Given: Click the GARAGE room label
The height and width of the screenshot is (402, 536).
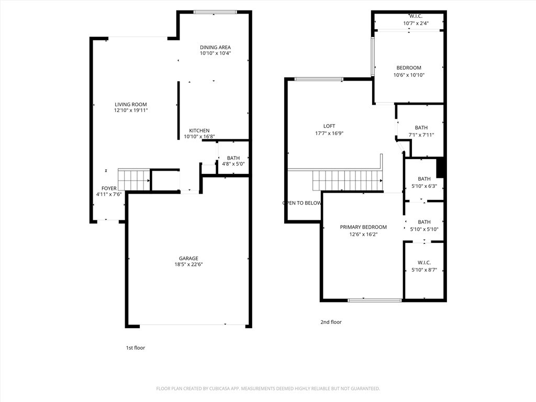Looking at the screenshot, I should coord(188,259).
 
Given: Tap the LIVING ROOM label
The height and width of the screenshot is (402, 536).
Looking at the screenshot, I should coord(131,105).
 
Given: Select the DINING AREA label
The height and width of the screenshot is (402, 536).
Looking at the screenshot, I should coord(215,48).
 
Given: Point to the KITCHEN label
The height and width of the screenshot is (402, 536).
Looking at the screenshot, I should coord(199,131).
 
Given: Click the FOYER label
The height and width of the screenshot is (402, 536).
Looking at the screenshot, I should coord(109,188).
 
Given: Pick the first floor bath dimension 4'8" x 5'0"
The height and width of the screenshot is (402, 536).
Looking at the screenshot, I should coord(233,164).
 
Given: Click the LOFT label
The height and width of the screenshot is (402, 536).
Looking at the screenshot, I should coord(329,126).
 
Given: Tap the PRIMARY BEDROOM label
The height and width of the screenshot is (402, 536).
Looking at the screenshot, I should coord(363,227).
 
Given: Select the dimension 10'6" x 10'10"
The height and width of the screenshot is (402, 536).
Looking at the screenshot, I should coord(409,75).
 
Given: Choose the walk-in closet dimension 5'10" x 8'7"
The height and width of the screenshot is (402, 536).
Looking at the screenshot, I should coord(424,270).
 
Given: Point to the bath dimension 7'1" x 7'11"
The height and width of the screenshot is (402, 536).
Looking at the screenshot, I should coord(421,135).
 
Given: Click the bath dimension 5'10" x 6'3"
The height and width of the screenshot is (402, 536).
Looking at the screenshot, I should coord(424,186).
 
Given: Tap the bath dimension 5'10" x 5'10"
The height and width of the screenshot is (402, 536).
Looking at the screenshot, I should coord(424,229).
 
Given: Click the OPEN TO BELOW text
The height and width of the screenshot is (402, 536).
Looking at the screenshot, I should coord(302,203).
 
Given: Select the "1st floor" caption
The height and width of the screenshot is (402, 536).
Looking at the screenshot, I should coord(135,348).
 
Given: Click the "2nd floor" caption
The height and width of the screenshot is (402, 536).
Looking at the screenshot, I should coord(331,322).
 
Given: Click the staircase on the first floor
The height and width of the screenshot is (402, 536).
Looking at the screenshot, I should coord(134,180).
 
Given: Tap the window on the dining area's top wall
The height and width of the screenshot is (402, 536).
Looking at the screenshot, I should coord(215,12).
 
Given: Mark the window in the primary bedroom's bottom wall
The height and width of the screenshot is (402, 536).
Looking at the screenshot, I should coord(375,300).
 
